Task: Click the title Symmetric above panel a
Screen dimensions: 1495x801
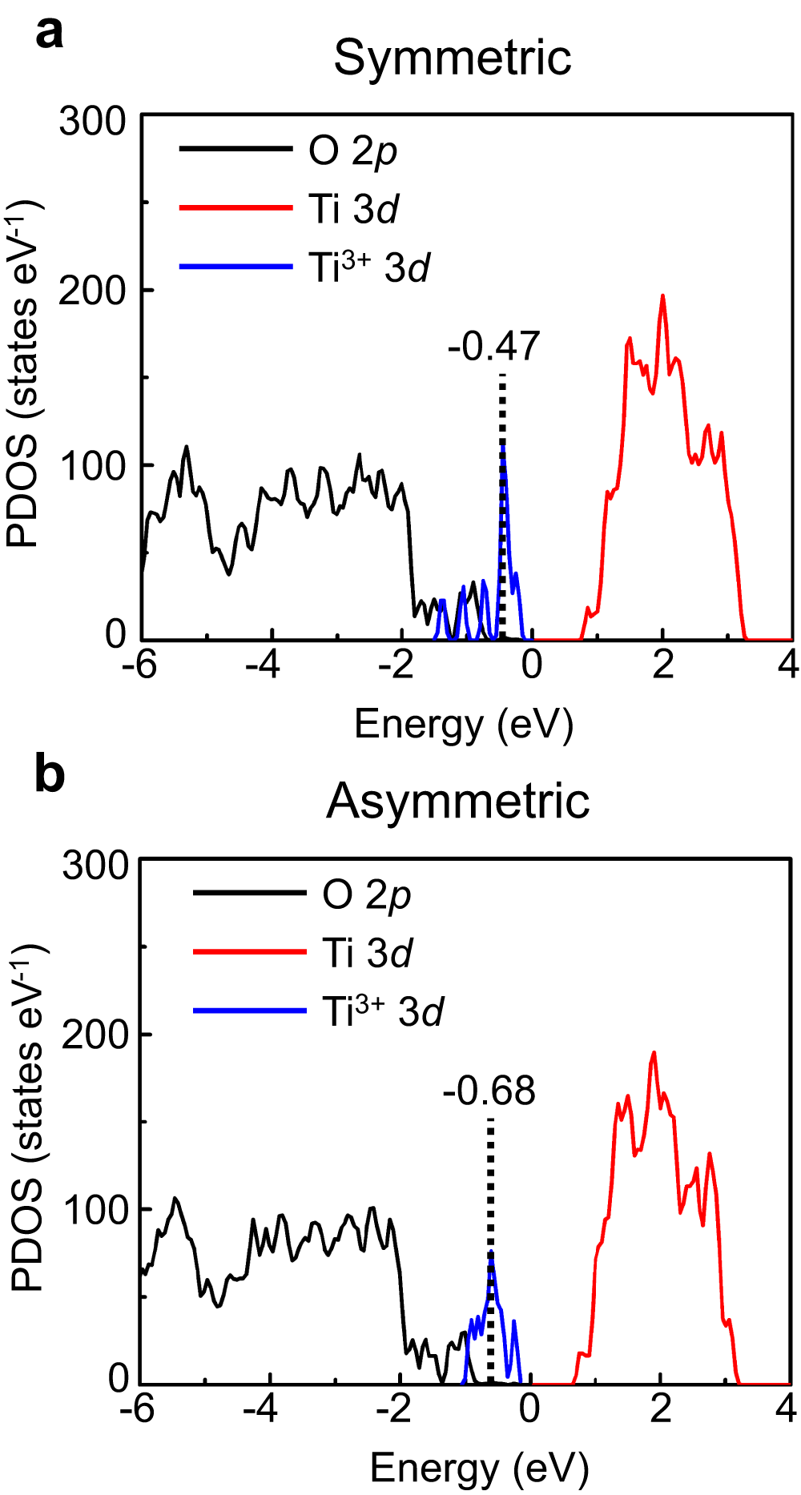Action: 453,58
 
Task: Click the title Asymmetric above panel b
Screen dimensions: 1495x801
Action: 457,801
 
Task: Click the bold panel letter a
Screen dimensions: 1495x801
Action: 50,34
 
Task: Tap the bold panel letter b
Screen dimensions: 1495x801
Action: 50,775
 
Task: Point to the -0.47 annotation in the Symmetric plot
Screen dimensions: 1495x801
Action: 494,347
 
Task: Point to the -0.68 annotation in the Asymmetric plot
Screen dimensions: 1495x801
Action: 489,1091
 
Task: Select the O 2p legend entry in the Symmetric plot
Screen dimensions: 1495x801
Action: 352,151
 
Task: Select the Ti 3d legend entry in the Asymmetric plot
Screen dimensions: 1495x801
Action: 367,953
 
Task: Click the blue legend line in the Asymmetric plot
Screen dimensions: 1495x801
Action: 250,1011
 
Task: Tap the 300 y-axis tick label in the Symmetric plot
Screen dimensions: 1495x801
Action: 93,123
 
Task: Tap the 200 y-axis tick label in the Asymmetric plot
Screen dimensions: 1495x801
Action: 95,1035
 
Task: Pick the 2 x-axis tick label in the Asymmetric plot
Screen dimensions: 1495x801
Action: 661,1409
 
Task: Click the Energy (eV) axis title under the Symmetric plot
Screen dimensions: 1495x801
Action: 464,725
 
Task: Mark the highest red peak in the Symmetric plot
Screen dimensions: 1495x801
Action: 662,297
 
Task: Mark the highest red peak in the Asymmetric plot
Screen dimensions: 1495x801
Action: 654,1054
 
